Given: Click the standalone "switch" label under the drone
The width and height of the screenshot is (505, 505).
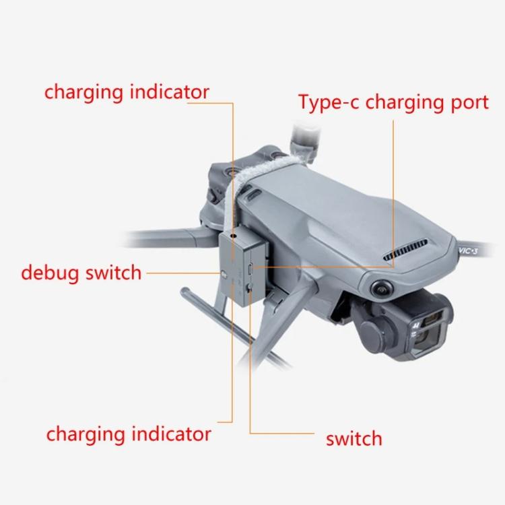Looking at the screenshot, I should [x=353, y=439].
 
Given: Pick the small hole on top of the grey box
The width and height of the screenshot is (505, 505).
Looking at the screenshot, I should [x=233, y=238].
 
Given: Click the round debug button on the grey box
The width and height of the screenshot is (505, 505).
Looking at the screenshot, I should [x=223, y=275].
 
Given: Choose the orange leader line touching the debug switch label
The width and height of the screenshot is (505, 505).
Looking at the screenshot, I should [x=182, y=273].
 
